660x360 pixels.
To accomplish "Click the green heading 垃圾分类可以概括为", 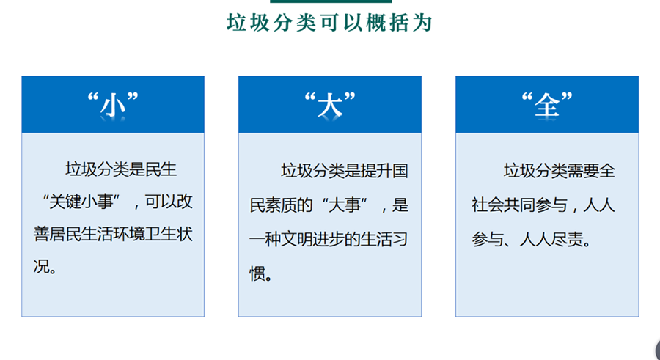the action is tap(329, 23).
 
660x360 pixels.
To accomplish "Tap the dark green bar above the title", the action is tap(331, 1).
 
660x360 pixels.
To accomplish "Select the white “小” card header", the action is tap(113, 104).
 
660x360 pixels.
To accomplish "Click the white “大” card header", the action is tap(330, 104).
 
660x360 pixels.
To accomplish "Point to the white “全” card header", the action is tap(547, 104).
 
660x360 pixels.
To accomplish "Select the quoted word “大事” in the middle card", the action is tap(345, 205).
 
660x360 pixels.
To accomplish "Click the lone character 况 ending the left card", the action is tap(42, 266).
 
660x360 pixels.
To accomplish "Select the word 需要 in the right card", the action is tap(583, 171).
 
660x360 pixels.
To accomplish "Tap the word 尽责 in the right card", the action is tap(568, 240).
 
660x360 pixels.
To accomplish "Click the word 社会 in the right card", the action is tap(488, 205).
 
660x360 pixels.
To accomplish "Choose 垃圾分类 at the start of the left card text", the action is tap(97, 169).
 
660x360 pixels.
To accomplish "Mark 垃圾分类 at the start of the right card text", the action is tap(535, 171).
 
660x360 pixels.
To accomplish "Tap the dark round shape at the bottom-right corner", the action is tap(658, 350).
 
